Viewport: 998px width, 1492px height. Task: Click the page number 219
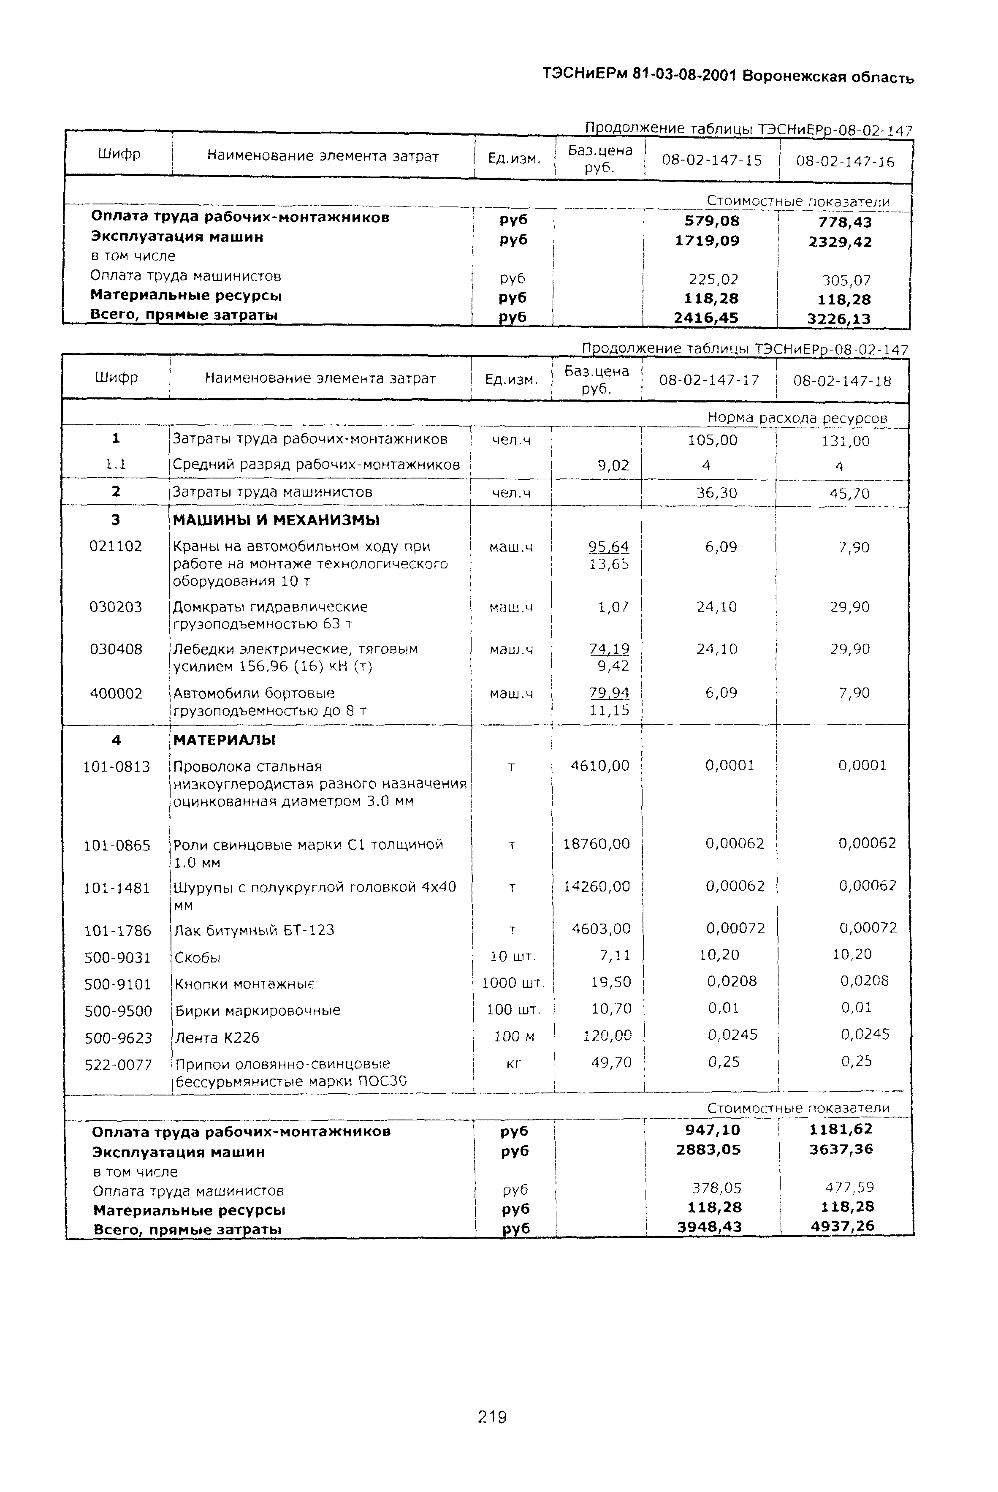click(491, 1417)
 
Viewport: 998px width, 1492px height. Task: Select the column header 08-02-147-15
click(712, 160)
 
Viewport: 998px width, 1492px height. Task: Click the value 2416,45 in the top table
click(706, 318)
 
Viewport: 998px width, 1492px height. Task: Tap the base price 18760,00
click(597, 844)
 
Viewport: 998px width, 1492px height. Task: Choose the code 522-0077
click(118, 1064)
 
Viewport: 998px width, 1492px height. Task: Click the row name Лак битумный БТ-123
click(253, 930)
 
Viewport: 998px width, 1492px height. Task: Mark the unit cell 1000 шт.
click(513, 983)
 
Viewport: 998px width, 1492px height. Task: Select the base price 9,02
click(613, 465)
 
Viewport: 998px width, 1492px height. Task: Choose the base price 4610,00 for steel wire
click(599, 765)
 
